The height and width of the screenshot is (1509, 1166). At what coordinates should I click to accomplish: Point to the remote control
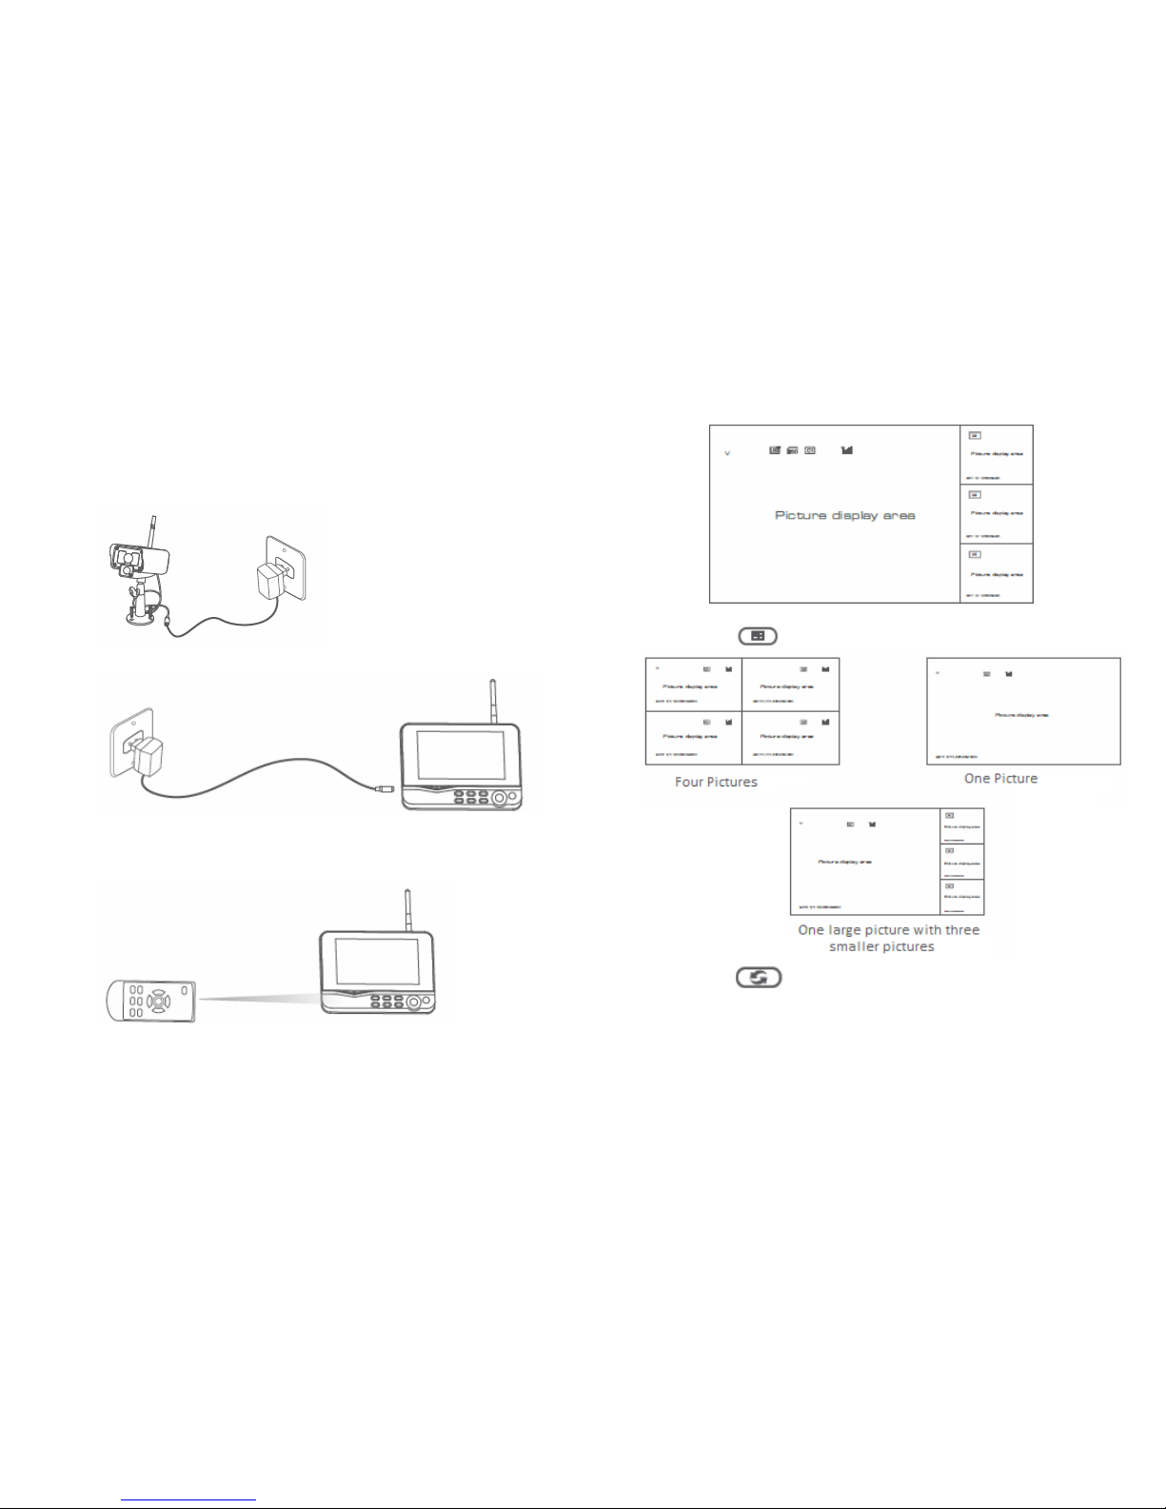click(x=150, y=1002)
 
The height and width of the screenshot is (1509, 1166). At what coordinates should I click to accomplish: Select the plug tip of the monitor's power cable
click(x=385, y=788)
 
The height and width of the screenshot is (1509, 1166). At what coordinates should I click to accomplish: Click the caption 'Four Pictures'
click(x=716, y=782)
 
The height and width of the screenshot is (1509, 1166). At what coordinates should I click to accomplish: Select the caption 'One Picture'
click(x=1000, y=778)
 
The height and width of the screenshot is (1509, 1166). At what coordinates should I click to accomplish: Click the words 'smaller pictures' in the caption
click(x=881, y=947)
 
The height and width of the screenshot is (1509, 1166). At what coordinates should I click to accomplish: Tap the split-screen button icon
click(x=757, y=636)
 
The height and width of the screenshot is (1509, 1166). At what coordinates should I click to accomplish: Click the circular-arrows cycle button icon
click(x=758, y=977)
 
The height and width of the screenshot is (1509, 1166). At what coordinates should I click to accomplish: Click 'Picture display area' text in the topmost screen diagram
click(x=844, y=515)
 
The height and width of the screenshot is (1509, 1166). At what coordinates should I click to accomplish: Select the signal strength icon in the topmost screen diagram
click(x=847, y=449)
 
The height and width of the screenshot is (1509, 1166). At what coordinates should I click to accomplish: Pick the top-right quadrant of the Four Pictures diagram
click(x=790, y=684)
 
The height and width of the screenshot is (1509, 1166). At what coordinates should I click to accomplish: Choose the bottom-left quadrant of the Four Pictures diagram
click(x=693, y=738)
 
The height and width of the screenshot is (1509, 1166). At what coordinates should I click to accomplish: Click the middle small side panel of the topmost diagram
click(x=996, y=514)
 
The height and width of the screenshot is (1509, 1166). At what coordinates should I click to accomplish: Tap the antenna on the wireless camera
click(x=151, y=532)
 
